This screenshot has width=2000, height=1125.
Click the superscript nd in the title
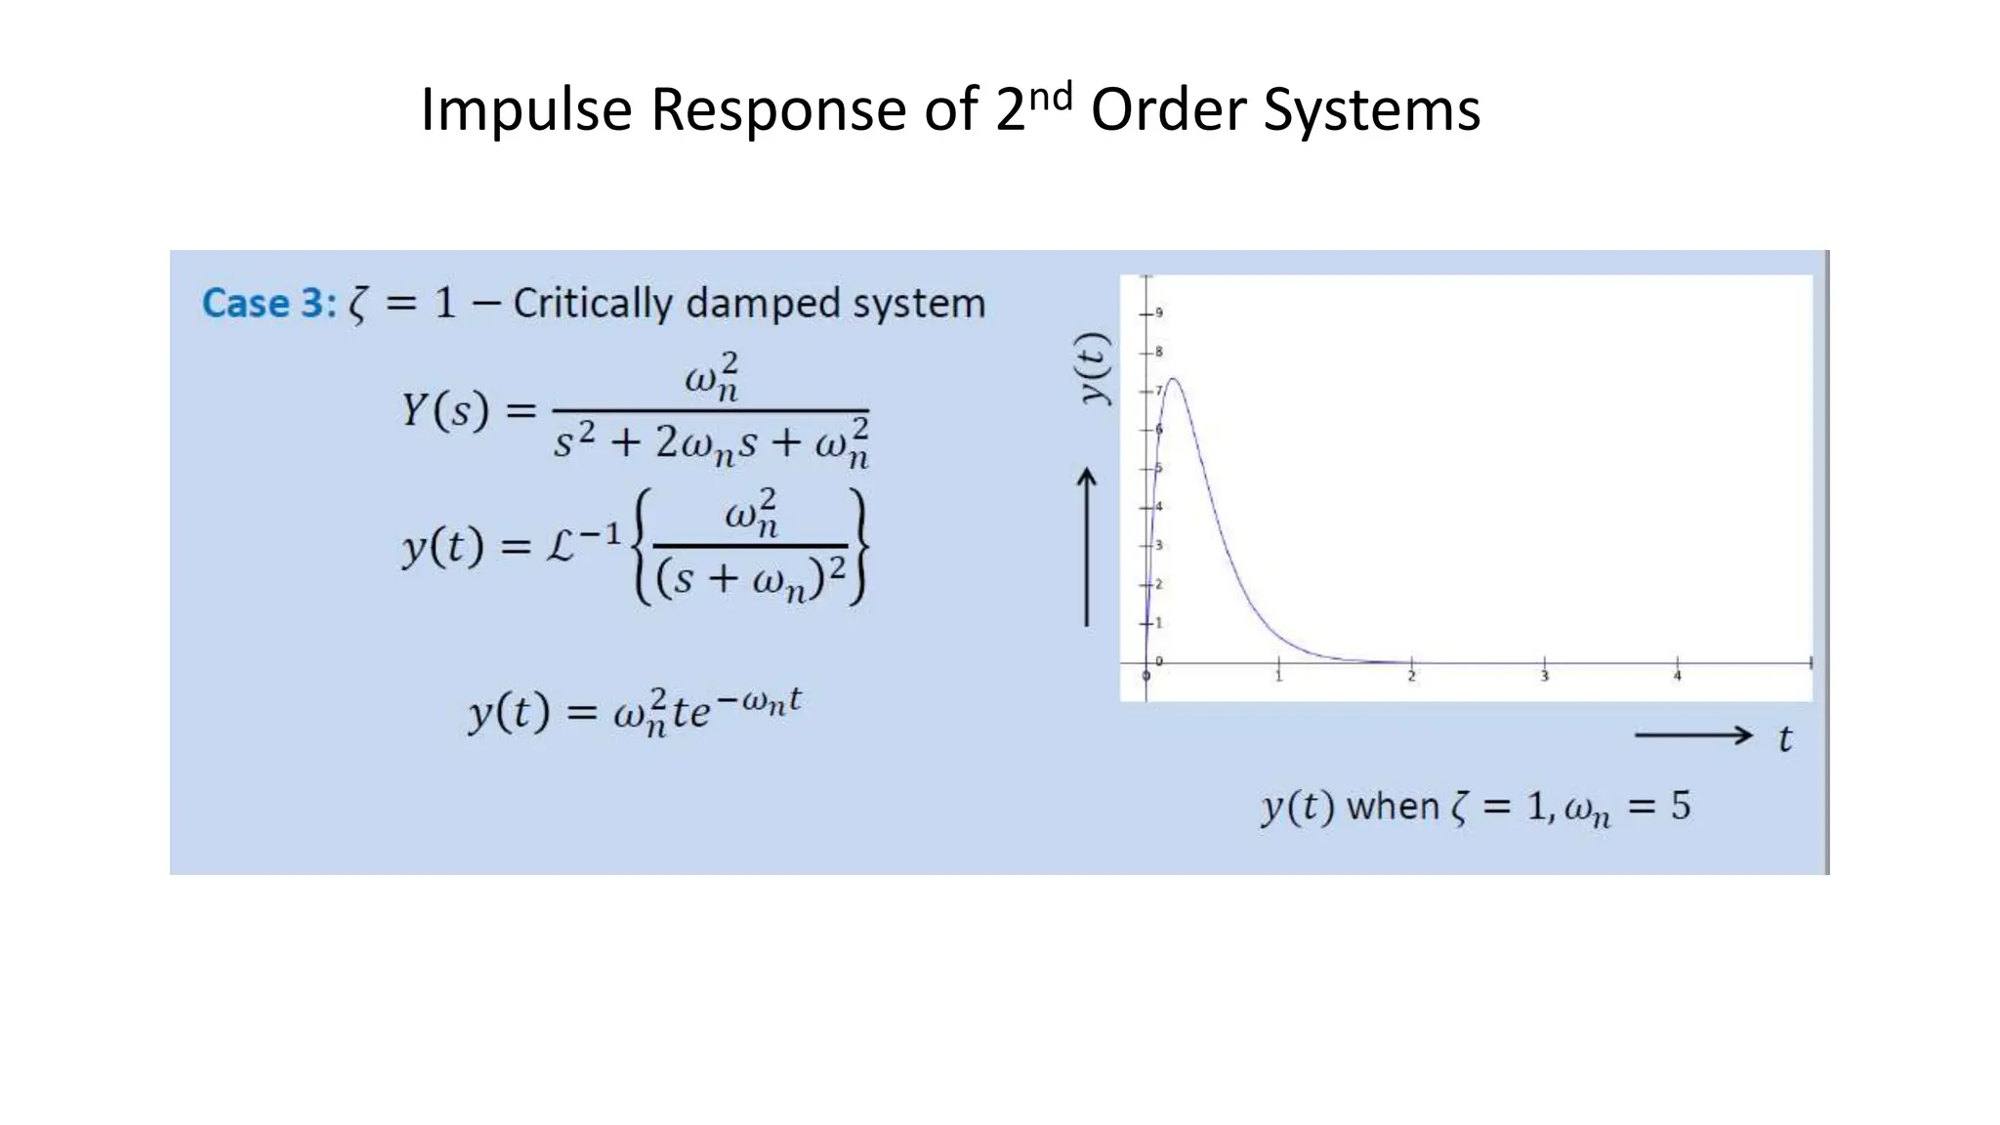(x=1050, y=97)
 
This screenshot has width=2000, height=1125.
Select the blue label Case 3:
(x=269, y=304)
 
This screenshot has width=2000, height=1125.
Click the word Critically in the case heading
(x=592, y=304)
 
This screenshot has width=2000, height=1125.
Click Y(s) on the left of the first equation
(x=444, y=410)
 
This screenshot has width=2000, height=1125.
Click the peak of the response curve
(x=1172, y=379)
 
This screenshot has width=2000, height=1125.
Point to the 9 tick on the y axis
(x=1158, y=312)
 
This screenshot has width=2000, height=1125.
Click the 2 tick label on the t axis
(x=1411, y=677)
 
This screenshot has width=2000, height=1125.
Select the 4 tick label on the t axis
(x=1677, y=677)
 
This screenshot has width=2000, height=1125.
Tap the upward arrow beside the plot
(x=1086, y=547)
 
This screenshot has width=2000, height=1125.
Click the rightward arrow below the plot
(x=1693, y=735)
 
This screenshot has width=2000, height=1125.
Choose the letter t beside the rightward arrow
(x=1785, y=739)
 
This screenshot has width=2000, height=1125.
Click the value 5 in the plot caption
(x=1680, y=806)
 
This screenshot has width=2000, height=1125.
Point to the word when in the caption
(x=1393, y=807)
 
